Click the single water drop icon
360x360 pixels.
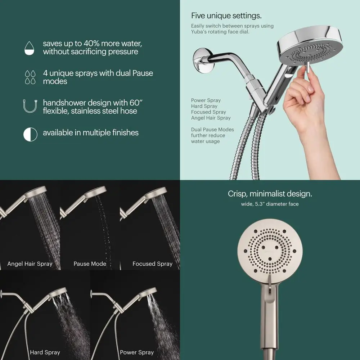30,48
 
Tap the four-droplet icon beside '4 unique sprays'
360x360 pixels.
30,77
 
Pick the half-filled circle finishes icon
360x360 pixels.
30,134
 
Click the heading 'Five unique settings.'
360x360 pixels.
226,16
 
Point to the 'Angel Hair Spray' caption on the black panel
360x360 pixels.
30,264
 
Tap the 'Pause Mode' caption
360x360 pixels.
90,264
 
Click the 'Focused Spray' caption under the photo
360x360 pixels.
152,264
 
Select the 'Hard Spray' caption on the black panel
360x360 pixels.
45,352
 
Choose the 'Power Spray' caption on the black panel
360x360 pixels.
137,352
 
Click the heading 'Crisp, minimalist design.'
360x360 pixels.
270,194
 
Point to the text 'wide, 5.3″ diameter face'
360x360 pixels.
270,204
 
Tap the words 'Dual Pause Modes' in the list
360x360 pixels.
212,130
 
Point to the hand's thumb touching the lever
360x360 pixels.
302,72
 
